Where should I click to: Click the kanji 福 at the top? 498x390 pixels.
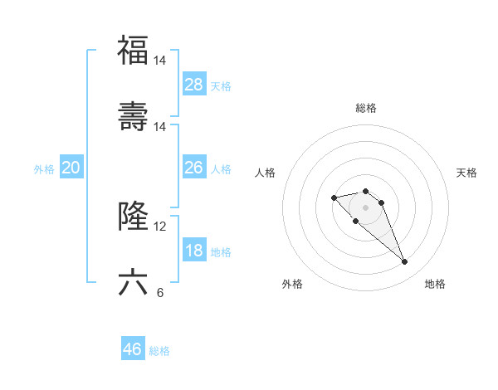(x=133, y=50)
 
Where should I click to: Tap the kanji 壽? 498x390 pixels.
(x=133, y=117)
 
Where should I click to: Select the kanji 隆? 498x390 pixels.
(x=133, y=217)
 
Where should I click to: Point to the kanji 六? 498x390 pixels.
(x=133, y=283)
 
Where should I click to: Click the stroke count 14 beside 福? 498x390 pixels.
(x=160, y=61)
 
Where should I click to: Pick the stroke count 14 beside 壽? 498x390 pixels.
(x=160, y=127)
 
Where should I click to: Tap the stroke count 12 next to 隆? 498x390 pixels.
(x=160, y=227)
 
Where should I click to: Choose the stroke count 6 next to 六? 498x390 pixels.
(x=159, y=293)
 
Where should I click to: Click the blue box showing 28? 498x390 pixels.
(x=194, y=85)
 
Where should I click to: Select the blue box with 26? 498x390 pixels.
(x=194, y=168)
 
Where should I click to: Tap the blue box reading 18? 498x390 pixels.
(x=194, y=251)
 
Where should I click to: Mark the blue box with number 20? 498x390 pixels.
(x=71, y=168)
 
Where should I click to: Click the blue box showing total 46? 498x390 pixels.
(x=133, y=349)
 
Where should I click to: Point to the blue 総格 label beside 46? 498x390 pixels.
(x=159, y=351)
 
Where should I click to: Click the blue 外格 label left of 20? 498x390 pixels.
(x=44, y=169)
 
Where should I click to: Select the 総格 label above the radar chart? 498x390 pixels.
(x=365, y=108)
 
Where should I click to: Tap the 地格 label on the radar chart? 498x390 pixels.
(x=435, y=284)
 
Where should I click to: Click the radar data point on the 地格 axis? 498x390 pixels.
(x=404, y=262)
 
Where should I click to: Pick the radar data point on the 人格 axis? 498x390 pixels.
(x=334, y=197)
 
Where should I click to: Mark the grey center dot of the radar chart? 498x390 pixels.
(x=365, y=207)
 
